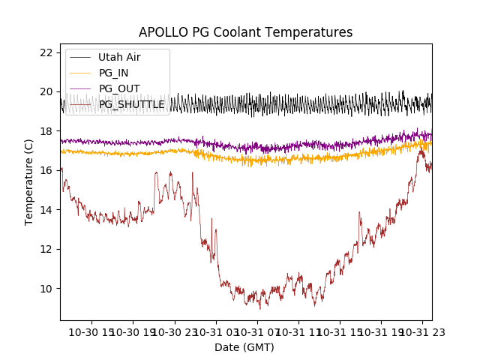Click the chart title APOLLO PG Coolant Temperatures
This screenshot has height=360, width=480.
245,33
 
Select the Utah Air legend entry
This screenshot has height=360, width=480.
119,57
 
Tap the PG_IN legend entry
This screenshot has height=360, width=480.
113,73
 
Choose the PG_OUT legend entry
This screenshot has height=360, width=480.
118,88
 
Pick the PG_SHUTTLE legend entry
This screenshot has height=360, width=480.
131,104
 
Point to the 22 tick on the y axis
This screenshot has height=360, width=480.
46,52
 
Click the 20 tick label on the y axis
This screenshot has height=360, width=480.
46,91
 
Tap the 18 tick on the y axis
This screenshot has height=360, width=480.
46,131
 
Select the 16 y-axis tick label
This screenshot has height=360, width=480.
46,170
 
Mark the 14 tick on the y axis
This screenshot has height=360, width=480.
46,210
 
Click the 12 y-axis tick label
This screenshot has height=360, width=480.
46,249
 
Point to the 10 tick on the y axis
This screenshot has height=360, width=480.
46,289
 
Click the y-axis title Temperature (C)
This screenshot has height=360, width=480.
29,181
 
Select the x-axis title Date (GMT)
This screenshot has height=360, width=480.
244,347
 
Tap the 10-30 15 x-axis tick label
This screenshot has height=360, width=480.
91,331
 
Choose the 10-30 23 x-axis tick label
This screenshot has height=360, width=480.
175,331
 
